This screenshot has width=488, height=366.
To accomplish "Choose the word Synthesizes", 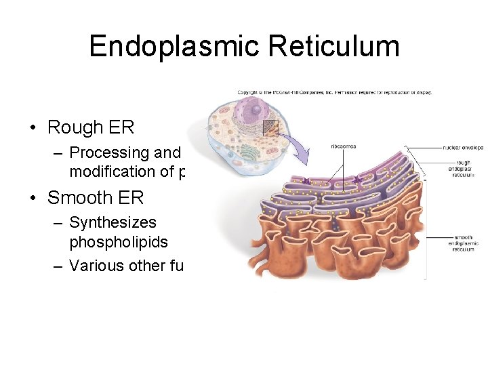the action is click(113, 222).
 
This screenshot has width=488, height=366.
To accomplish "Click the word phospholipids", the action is click(118, 241).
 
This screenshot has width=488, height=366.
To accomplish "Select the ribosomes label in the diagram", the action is click(343, 146).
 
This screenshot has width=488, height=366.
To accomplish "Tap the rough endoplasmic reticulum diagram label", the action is click(464, 169).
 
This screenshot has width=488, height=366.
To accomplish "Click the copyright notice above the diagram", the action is click(334, 92).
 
